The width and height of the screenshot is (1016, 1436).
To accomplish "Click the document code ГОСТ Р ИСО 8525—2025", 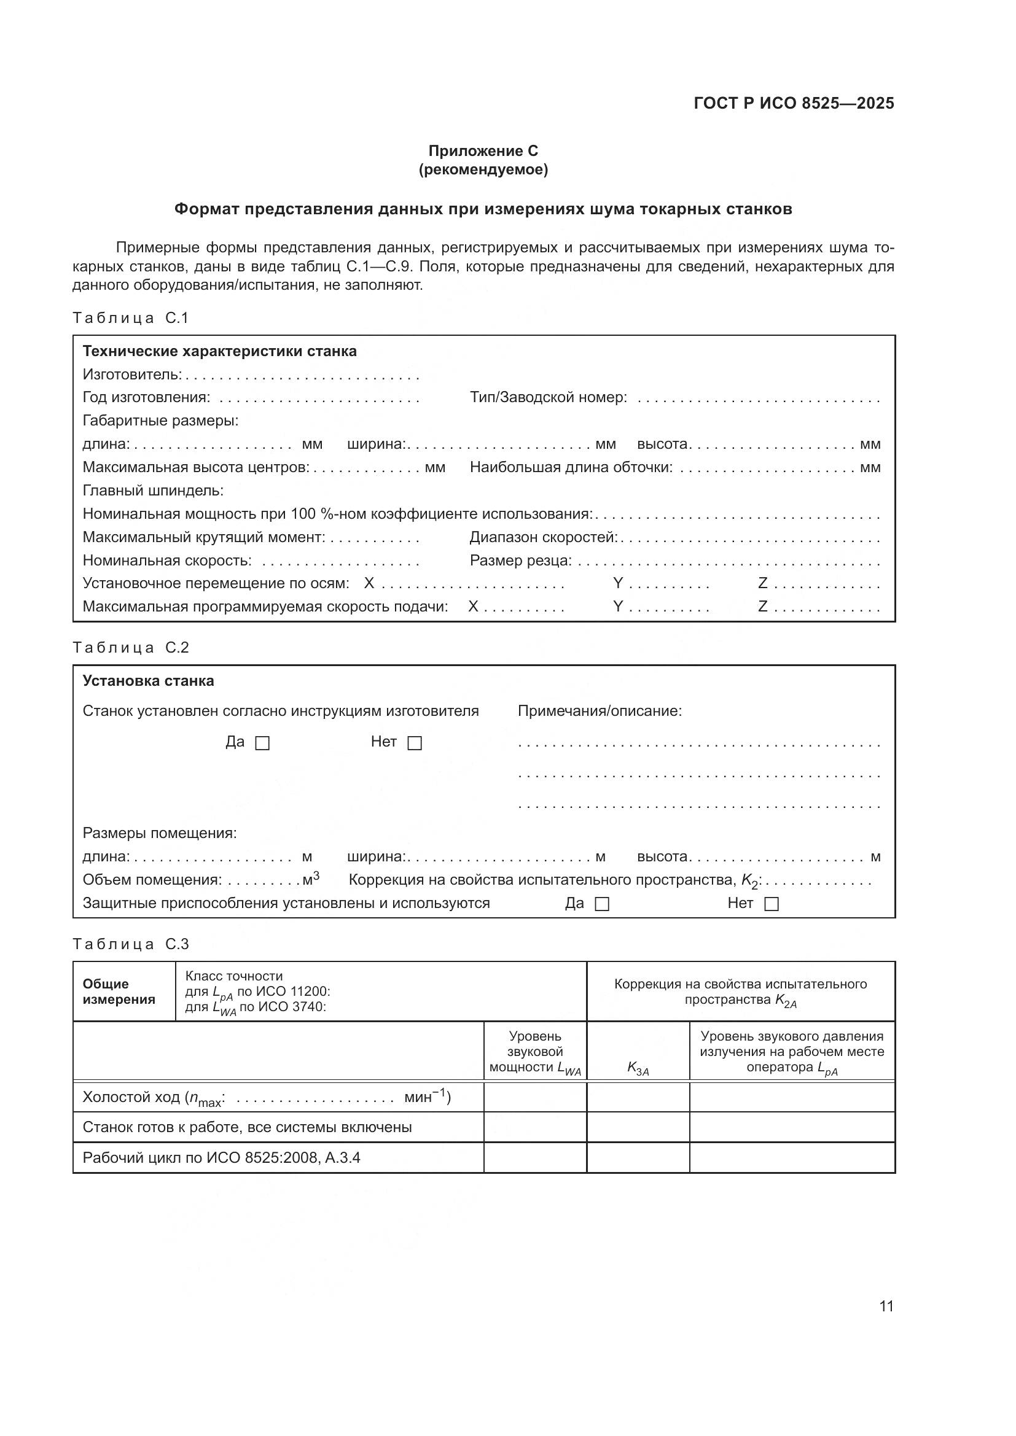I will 793,104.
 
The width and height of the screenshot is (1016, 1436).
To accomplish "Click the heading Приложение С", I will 483,151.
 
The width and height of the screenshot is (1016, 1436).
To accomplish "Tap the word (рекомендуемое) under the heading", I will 483,170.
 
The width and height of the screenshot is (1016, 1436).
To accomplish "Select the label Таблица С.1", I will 130,319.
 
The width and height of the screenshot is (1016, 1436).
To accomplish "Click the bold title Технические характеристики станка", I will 219,352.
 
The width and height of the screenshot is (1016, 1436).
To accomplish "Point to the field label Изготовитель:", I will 132,375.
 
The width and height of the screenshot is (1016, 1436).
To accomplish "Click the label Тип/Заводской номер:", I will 548,398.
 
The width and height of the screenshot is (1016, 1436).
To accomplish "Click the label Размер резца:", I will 520,561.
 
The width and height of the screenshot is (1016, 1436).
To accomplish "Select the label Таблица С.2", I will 130,648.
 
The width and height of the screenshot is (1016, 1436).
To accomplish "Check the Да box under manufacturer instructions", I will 263,743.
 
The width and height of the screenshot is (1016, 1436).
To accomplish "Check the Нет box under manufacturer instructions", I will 415,743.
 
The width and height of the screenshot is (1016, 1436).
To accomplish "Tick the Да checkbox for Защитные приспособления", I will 602,904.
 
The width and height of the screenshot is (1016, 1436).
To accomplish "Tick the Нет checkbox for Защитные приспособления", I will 772,904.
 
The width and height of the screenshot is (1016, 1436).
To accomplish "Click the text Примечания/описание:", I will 600,711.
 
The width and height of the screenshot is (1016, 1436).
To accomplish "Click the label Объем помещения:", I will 152,880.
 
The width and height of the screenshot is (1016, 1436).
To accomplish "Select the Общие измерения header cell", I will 119,992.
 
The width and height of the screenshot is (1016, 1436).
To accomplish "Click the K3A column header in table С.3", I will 638,1071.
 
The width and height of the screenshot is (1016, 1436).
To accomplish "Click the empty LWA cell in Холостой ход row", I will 535,1097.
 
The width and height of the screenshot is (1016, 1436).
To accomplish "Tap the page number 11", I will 886,1306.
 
